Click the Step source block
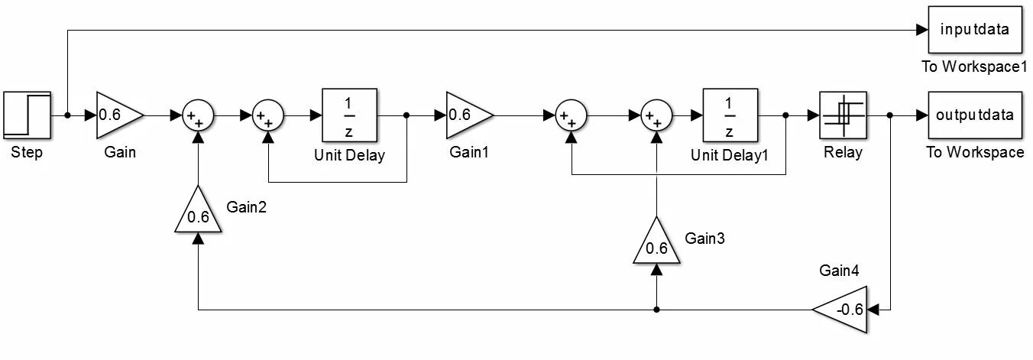pyautogui.click(x=27, y=115)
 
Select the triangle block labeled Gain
pyautogui.click(x=117, y=115)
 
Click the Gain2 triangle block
pyautogui.click(x=198, y=212)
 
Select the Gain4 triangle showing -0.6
pyautogui.click(x=843, y=310)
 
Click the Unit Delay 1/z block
pyautogui.click(x=350, y=115)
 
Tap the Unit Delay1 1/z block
pyautogui.click(x=730, y=115)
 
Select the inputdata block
pyautogui.click(x=974, y=30)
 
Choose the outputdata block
pyautogui.click(x=974, y=115)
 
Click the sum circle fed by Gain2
pyautogui.click(x=198, y=115)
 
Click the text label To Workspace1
pyautogui.click(x=974, y=66)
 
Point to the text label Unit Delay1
pyautogui.click(x=729, y=155)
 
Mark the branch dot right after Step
pyautogui.click(x=67, y=115)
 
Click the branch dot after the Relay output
pyautogui.click(x=891, y=115)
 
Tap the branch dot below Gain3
pyautogui.click(x=656, y=310)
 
